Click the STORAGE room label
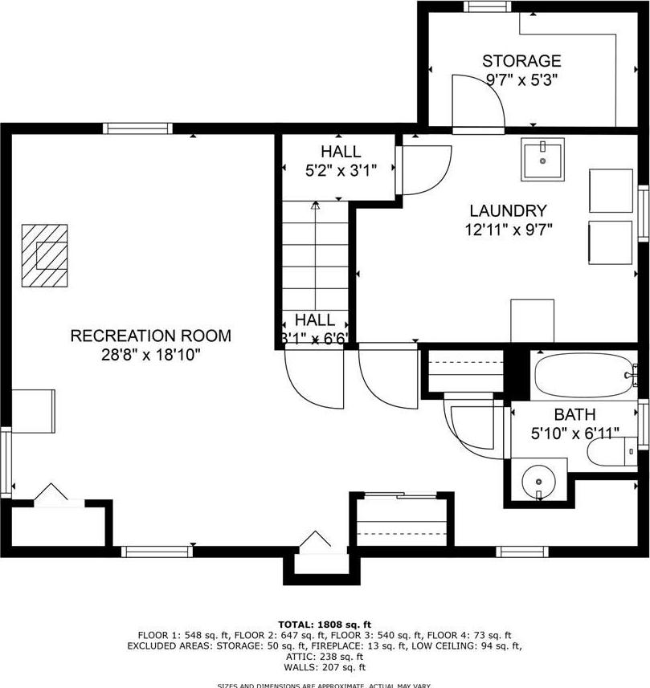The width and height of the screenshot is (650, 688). [521, 61]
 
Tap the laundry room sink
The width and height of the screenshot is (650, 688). [542, 160]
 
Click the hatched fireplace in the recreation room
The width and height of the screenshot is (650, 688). [45, 254]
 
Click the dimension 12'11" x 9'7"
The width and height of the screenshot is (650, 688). [508, 230]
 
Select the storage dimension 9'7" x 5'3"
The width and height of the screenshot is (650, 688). [521, 79]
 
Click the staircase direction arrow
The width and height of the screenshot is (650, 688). [315, 206]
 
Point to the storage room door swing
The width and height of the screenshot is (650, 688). [478, 100]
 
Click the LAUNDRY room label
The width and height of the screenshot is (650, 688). [508, 211]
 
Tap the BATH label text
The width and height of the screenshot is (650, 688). [574, 415]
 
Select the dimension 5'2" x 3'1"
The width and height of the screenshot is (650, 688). [341, 170]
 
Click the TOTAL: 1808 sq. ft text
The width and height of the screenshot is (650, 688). [325, 624]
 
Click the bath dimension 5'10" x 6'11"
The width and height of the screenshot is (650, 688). [575, 434]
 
